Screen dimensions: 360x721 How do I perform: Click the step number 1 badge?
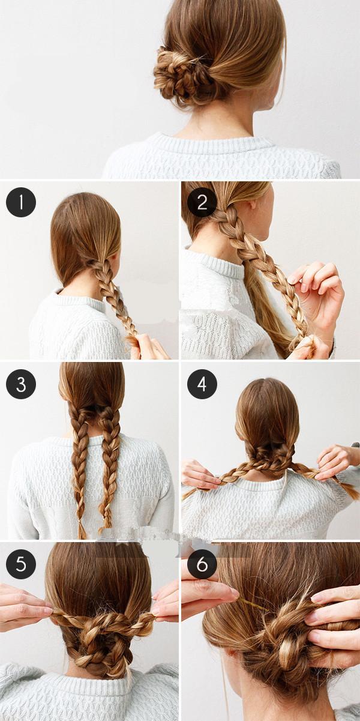(21, 202)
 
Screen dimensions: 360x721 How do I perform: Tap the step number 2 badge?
(202, 202)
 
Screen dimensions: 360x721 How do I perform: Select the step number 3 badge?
(21, 384)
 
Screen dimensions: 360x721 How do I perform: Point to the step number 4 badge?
(202, 384)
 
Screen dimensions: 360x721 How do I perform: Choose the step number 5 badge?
(21, 564)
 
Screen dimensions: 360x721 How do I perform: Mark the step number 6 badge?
(202, 564)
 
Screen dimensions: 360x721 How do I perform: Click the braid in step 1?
(114, 300)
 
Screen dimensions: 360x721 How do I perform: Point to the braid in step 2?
(260, 267)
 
